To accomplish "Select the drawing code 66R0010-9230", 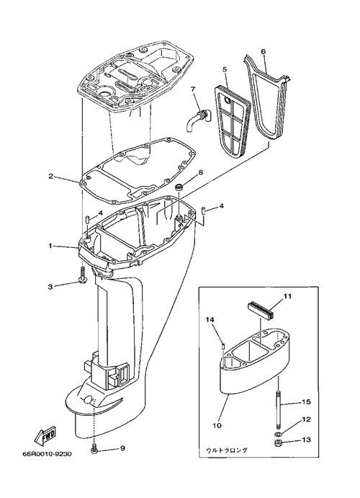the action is coord(47,454).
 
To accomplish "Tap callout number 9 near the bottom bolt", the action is coord(122,448).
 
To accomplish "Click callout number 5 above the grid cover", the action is coord(225,69).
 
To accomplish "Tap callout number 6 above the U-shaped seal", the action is coord(263,52).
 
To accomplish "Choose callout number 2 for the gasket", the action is coord(50,176).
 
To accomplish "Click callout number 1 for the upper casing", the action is coord(50,246).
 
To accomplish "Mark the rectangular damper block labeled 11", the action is coord(259,310).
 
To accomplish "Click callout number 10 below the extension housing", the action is coord(217,425).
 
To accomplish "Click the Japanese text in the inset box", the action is coord(227,450).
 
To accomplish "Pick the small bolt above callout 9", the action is coord(94,448).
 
